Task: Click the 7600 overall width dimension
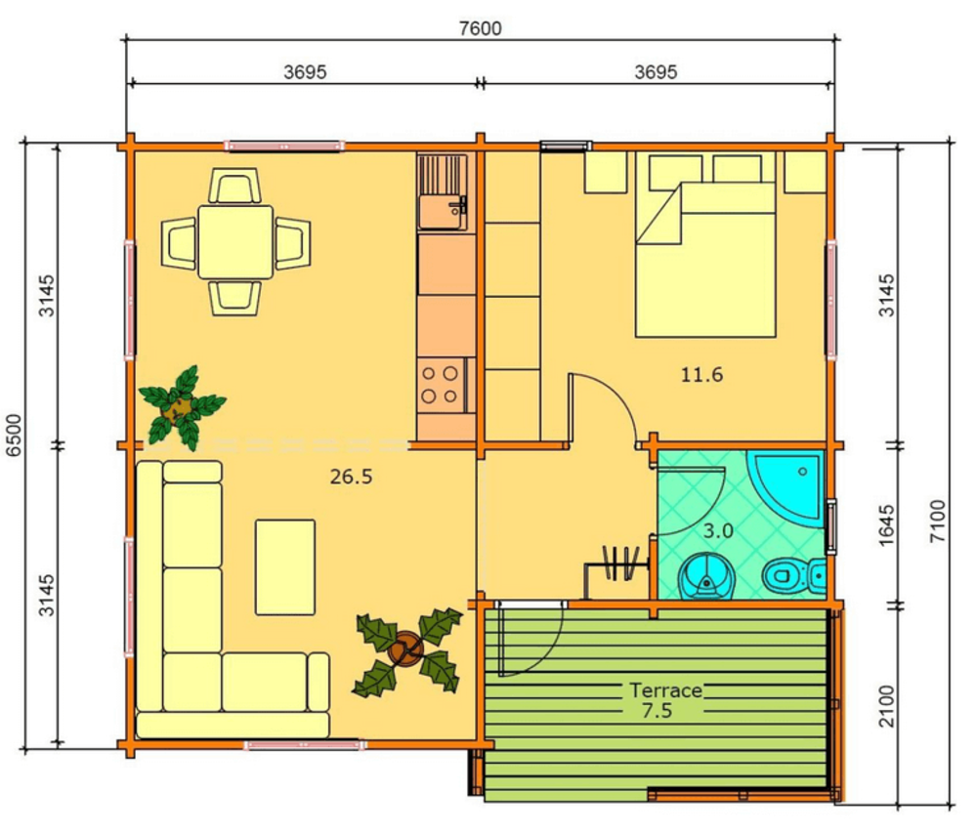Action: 480,28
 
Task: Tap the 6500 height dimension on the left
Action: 14,435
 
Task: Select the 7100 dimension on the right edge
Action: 937,521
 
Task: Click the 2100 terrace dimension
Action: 886,706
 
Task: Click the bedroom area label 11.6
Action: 701,374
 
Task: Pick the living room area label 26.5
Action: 351,477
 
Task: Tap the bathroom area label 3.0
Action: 718,531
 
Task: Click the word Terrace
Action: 665,690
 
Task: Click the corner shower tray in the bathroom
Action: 788,484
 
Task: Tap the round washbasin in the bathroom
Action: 706,576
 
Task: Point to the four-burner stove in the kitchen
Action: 442,385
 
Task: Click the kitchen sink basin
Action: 441,211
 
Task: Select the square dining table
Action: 234,242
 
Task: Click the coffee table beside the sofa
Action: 284,567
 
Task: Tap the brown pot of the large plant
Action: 405,649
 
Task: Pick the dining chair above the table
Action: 234,186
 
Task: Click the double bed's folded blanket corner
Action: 660,214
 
